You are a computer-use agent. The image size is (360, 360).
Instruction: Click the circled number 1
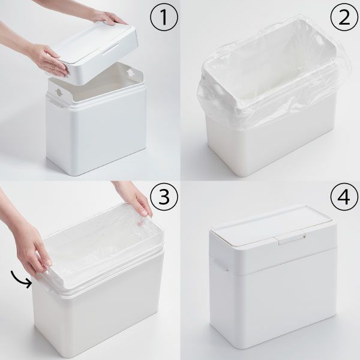164,17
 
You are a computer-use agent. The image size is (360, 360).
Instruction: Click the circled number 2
344,17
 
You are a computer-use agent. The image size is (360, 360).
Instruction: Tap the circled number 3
164,197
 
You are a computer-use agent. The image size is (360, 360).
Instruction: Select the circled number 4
344,197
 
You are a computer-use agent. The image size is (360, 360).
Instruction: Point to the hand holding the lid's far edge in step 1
108,17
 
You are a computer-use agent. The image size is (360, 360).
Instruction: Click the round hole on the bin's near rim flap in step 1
58,92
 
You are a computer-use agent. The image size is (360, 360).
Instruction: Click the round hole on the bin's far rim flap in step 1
130,73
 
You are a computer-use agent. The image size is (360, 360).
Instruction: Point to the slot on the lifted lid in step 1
110,49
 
